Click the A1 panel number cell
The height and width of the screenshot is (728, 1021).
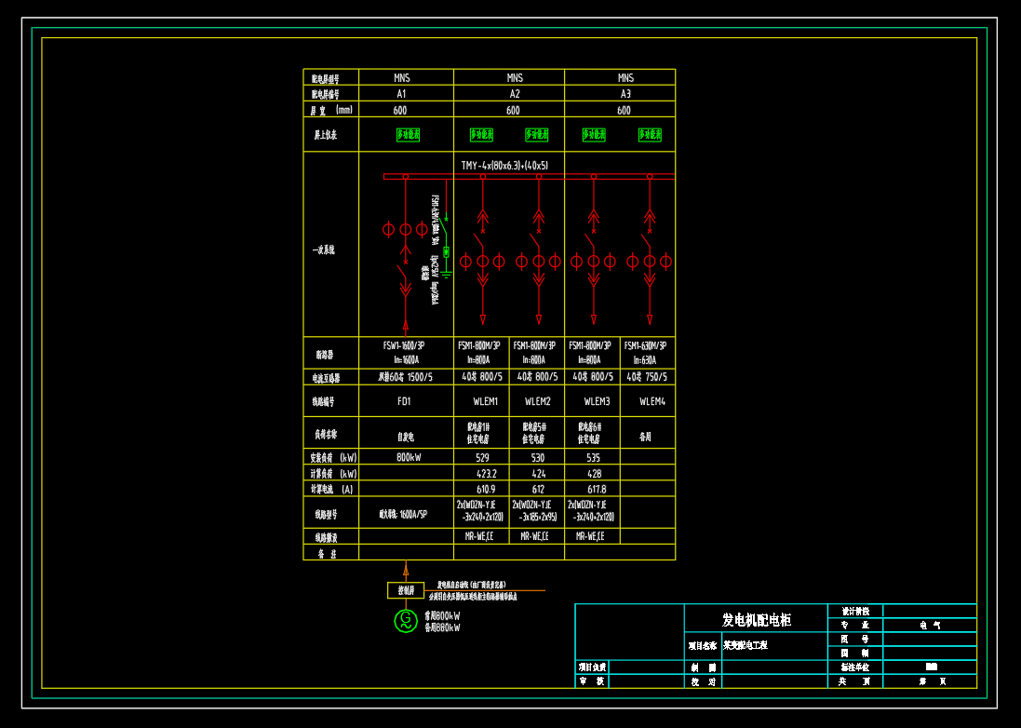(x=401, y=94)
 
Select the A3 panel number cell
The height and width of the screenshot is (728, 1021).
(x=625, y=94)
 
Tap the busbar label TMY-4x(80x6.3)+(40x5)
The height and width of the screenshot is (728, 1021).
(x=504, y=166)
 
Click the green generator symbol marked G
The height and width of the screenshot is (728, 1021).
(x=405, y=620)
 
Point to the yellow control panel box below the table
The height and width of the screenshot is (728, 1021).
(x=406, y=590)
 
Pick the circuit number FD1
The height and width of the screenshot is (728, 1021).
(x=404, y=402)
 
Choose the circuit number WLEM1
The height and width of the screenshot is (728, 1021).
(x=481, y=402)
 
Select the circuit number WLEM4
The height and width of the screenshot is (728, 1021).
(x=648, y=402)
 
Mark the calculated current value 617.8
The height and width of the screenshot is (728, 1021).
(x=593, y=489)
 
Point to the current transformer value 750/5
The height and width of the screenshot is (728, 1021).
(x=648, y=377)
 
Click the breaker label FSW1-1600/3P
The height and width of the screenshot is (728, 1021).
(x=404, y=345)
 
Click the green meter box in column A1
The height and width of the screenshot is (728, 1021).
(x=408, y=135)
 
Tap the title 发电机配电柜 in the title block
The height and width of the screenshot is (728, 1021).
(x=756, y=620)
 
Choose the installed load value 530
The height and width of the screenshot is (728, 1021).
(x=538, y=458)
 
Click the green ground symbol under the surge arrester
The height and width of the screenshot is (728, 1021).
(x=446, y=274)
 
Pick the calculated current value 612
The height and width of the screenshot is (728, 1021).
(x=538, y=489)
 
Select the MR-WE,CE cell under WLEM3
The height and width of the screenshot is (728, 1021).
(x=591, y=536)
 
